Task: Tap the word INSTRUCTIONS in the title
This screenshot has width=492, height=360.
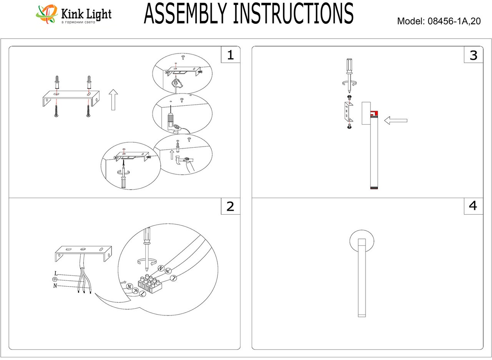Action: [x=294, y=14]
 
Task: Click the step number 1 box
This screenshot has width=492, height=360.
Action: [x=230, y=55]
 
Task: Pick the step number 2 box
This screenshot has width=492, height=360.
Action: [x=230, y=207]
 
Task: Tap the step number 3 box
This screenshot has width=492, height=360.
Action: [x=473, y=55]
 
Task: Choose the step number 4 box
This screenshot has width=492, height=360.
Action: [x=473, y=206]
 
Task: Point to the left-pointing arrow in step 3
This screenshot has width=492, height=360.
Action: [x=396, y=121]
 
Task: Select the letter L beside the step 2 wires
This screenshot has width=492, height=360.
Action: [x=56, y=273]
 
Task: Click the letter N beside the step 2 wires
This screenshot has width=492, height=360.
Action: [x=55, y=286]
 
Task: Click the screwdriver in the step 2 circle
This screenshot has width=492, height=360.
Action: [x=146, y=246]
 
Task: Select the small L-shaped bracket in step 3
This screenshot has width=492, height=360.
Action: [x=348, y=112]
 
